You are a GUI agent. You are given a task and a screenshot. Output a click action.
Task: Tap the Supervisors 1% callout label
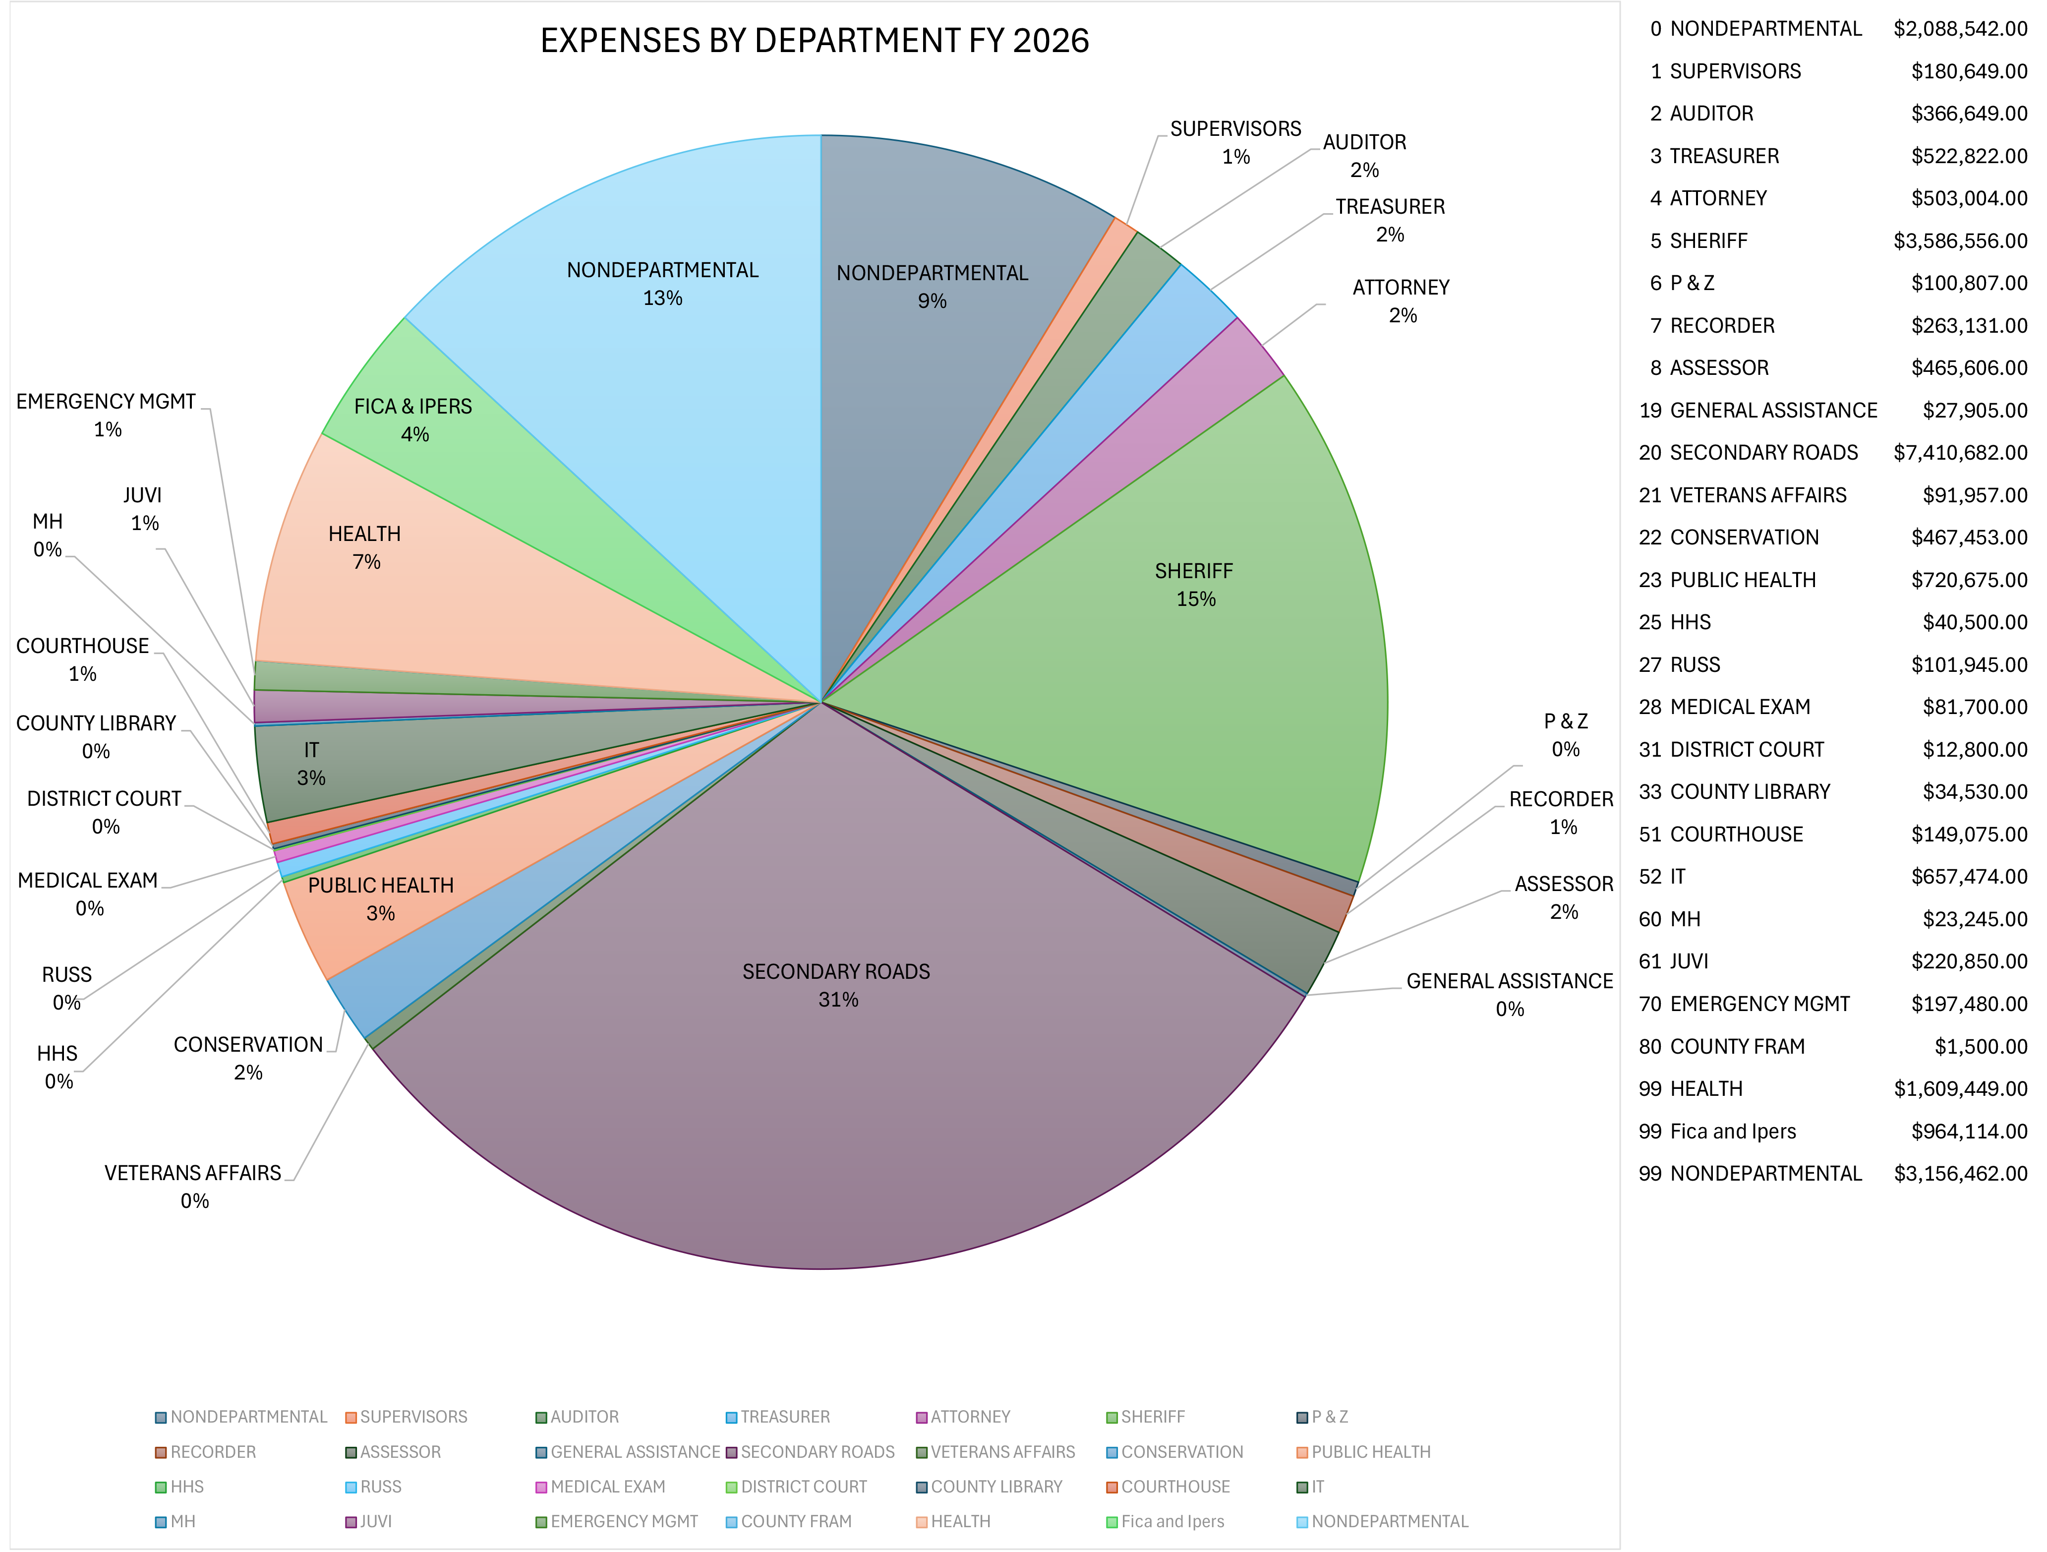tap(1235, 142)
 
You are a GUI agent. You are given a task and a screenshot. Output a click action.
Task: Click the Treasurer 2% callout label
tap(1389, 220)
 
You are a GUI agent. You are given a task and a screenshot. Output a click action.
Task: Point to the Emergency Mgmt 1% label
tap(107, 415)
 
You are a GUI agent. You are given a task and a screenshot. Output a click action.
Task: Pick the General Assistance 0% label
tap(1509, 994)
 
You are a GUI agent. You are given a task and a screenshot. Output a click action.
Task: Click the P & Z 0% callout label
tap(1565, 735)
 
